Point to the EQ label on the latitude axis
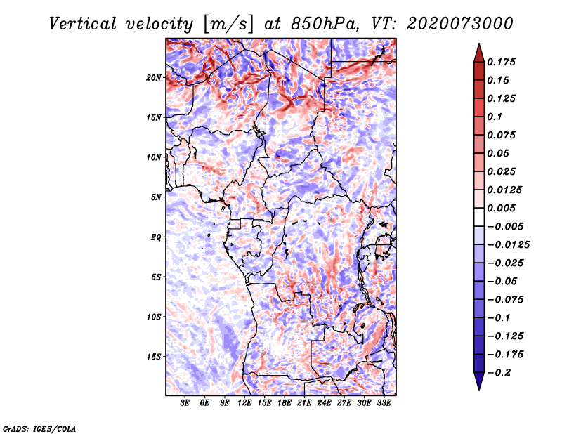(157, 237)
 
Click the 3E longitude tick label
(185, 403)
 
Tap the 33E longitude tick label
(384, 403)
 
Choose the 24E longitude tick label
(325, 403)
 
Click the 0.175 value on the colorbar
(503, 62)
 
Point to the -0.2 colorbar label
(500, 373)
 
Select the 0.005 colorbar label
(503, 209)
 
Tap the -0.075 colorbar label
(510, 300)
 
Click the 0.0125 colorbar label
(507, 190)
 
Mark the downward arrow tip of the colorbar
(478, 388)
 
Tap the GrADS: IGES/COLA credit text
(39, 428)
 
